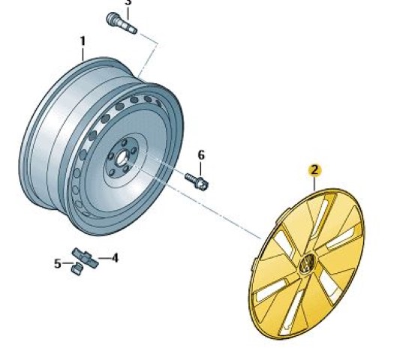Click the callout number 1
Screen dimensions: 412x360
click(83, 41)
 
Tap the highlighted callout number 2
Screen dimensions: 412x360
click(314, 170)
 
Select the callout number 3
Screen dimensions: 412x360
click(128, 2)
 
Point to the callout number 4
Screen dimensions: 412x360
click(115, 258)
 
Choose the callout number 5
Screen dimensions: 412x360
click(58, 263)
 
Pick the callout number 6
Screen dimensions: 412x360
click(201, 155)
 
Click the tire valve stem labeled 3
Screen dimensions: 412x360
click(122, 23)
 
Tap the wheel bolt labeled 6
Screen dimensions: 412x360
click(197, 181)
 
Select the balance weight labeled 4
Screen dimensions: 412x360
click(85, 257)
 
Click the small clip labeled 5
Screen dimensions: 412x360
click(77, 268)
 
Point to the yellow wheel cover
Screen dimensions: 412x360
click(306, 262)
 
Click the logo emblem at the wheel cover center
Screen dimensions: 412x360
click(307, 264)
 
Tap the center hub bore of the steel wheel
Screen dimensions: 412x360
click(121, 158)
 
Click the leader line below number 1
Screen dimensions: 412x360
click(83, 54)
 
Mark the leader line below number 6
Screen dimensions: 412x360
click(200, 169)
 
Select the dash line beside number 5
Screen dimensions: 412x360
click(68, 262)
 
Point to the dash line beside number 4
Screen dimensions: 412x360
click(104, 258)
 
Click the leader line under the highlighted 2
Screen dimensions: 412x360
click(314, 183)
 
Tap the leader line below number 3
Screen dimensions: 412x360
click(128, 13)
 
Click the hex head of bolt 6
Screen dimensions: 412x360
click(203, 184)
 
